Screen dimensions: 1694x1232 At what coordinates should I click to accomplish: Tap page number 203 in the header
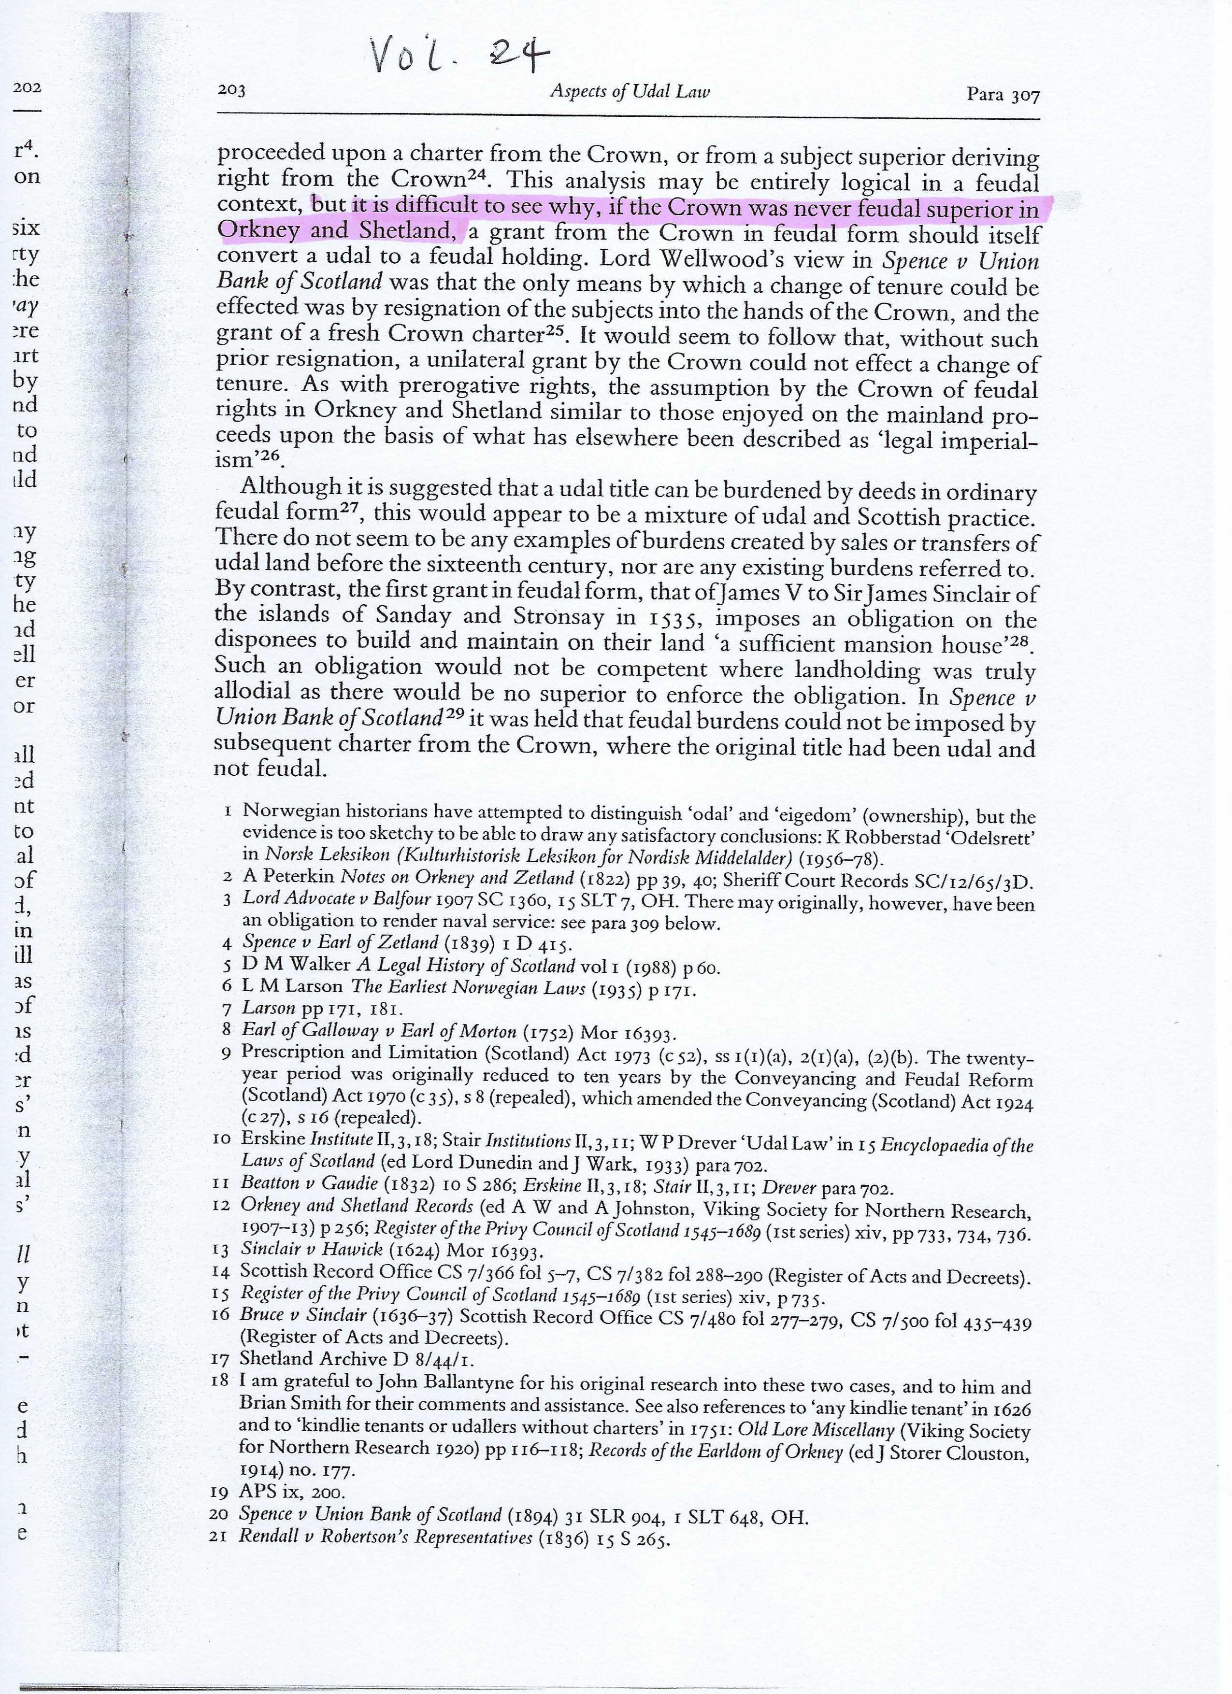click(231, 91)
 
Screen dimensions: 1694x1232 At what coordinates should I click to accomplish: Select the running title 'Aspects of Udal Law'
click(629, 92)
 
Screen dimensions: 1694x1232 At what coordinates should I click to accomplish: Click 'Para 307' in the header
click(1002, 95)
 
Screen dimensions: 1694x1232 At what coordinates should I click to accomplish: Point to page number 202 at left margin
click(27, 87)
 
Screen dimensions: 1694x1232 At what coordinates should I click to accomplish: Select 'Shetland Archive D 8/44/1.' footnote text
click(357, 1359)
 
